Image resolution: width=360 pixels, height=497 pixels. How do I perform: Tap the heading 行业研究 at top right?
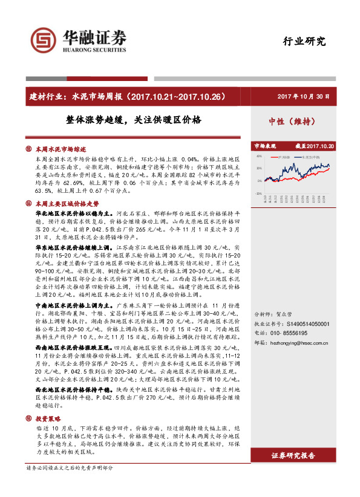(x=304, y=42)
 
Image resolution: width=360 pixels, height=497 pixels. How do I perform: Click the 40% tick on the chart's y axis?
(x=258, y=158)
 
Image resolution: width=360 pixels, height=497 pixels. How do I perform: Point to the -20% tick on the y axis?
(x=258, y=191)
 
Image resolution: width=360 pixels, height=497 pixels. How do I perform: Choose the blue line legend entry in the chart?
(x=310, y=155)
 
